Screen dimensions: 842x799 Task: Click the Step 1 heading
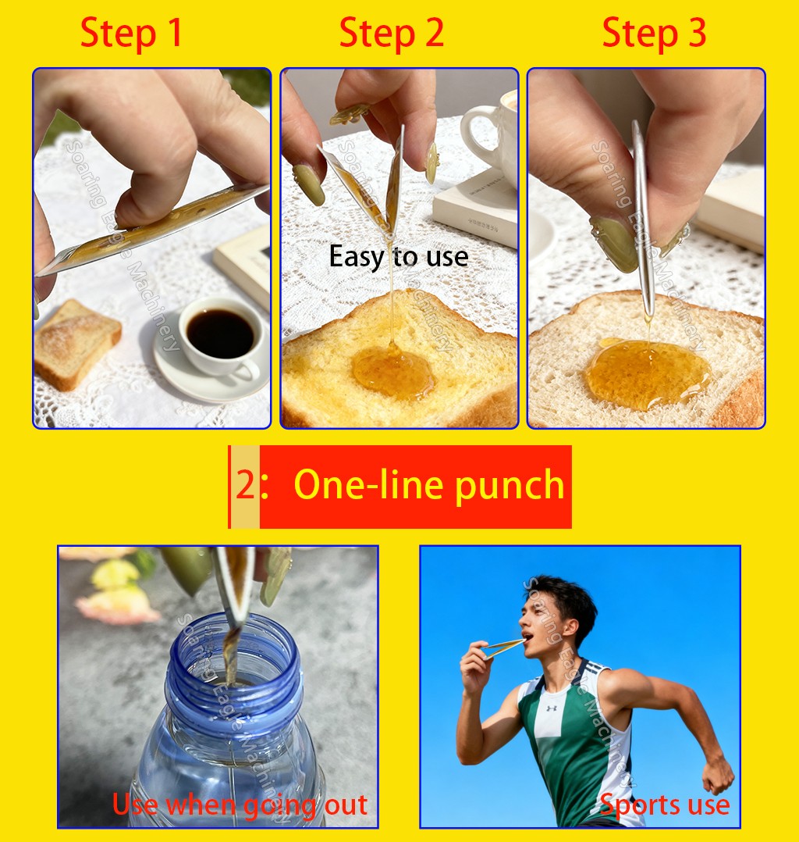(x=131, y=34)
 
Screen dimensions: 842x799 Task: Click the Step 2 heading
(x=391, y=34)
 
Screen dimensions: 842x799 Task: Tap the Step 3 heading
(x=654, y=34)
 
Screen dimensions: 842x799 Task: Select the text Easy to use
(x=399, y=257)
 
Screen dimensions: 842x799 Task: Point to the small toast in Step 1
(x=76, y=343)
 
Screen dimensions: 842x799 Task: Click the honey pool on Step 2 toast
(x=392, y=373)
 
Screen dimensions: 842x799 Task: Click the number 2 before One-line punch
(x=245, y=486)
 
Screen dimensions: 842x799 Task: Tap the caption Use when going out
(x=240, y=805)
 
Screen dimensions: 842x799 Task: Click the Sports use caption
(x=664, y=805)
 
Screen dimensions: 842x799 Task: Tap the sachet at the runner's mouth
(x=504, y=648)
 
